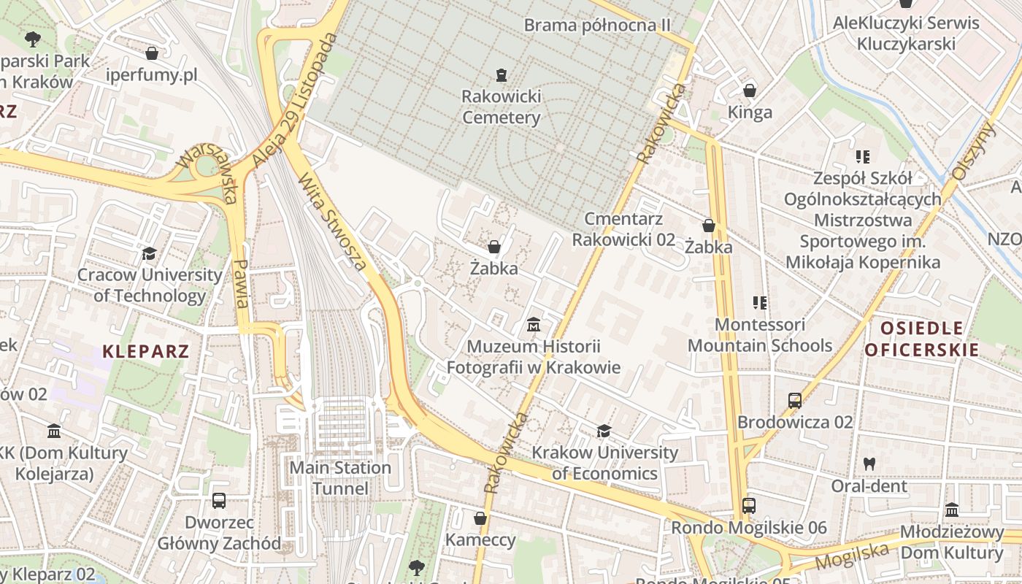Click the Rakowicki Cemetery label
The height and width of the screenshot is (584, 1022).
pos(501,107)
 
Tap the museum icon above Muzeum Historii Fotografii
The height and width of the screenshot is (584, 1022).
pos(534,323)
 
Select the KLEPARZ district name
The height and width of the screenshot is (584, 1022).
pos(146,351)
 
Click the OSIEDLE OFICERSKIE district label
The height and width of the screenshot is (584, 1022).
pos(922,339)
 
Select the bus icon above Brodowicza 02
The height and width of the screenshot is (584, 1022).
pos(795,400)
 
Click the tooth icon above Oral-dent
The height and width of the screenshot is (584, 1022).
pos(869,463)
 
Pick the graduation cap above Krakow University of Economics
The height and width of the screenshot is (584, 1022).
pos(604,431)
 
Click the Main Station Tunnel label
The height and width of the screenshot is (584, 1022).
pos(340,477)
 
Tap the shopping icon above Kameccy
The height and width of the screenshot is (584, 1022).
pos(480,518)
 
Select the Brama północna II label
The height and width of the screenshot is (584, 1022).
pos(597,26)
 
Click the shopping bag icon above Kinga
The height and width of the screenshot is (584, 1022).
pos(750,91)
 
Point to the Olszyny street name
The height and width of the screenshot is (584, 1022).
pos(974,151)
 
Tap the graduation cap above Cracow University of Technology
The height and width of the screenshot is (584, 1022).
pos(150,253)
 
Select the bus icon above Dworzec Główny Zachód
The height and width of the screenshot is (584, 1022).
pos(219,501)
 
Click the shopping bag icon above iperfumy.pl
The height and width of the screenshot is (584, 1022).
pos(152,53)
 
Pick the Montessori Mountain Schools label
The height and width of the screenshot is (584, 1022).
pos(760,334)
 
